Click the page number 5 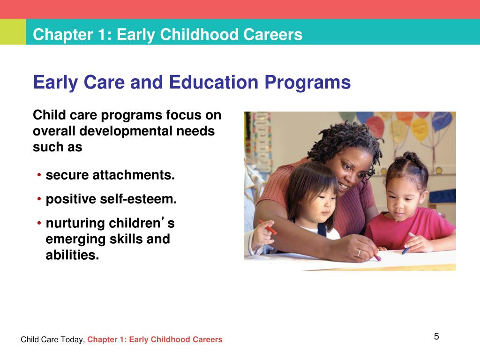click(436, 336)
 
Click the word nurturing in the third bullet click(75, 223)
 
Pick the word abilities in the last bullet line click(72, 256)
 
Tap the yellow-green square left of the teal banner click(13, 32)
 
